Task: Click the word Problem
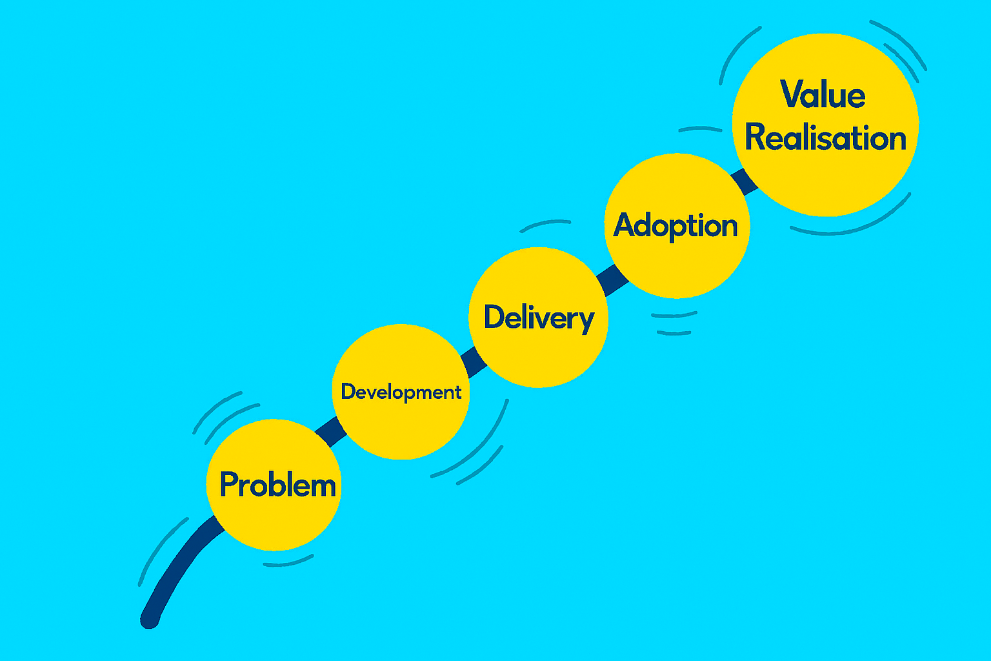[277, 485]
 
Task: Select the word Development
[401, 392]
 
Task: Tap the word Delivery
[539, 318]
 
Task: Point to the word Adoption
[676, 226]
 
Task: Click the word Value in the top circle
[823, 95]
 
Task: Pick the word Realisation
[825, 138]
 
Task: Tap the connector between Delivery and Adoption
[612, 279]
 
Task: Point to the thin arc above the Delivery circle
[545, 223]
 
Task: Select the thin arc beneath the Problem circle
[288, 562]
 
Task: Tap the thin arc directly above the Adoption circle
[700, 128]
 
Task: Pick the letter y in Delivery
[585, 321]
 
